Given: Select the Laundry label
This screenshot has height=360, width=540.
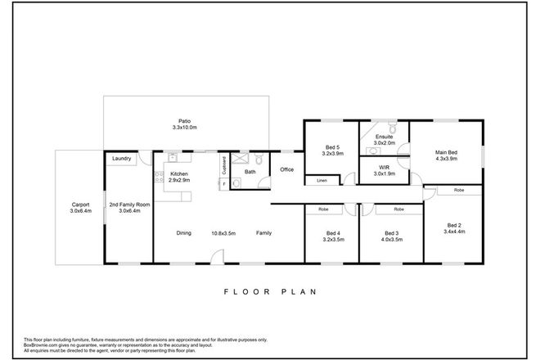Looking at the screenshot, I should pos(123,159).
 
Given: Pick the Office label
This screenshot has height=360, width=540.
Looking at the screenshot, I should pos(286,169).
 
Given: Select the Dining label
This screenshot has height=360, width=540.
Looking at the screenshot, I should pos(183,233).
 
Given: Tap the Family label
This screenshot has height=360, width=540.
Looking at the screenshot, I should pos(264,233).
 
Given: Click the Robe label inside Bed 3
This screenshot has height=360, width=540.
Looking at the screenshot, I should pos(398,209).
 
